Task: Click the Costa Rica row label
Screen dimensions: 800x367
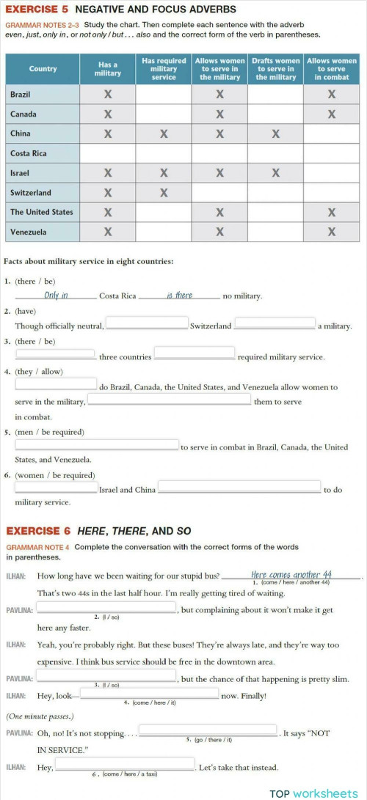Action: coord(29,153)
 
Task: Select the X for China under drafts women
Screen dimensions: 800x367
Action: coord(275,134)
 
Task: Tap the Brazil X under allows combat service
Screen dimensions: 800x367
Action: coord(332,95)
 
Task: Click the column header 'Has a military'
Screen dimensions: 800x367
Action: coord(108,69)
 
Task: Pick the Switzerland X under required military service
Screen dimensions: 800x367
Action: coord(164,193)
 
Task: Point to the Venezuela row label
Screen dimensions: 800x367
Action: coord(29,232)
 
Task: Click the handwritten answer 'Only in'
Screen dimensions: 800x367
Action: coord(56,296)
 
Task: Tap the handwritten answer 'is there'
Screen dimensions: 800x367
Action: coord(179,296)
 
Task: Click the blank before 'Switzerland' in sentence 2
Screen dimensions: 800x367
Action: coord(148,323)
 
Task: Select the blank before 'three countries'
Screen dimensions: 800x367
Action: coord(55,354)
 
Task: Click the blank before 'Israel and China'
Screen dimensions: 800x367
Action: coord(56,487)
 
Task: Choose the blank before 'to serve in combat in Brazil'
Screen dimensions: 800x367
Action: coord(96,444)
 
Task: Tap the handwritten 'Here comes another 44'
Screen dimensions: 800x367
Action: coord(291,575)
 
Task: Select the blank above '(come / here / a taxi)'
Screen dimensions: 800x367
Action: coord(126,766)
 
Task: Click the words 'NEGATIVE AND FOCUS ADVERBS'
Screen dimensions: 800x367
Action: coord(156,10)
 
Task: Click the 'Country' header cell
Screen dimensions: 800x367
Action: coord(43,69)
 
